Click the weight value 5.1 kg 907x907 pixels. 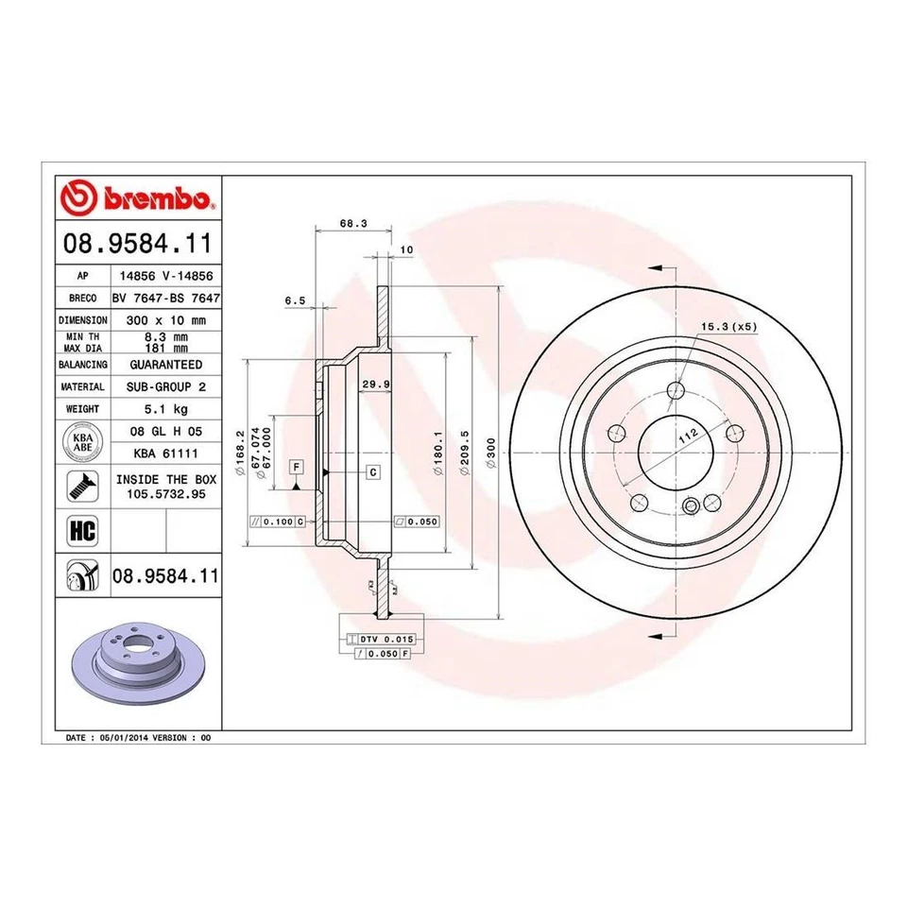pos(164,409)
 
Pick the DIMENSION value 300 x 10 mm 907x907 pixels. pos(164,319)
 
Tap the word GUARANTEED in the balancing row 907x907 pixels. pos(164,364)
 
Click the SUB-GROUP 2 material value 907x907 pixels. pos(164,386)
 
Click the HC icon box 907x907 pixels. pos(82,530)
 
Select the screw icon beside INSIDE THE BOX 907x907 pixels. pos(82,487)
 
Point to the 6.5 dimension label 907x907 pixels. pos(295,300)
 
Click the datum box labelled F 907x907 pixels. pos(296,468)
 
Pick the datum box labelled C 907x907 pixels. pos(373,471)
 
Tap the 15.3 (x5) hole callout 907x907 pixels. pos(728,326)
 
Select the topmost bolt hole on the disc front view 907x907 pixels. pos(675,390)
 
